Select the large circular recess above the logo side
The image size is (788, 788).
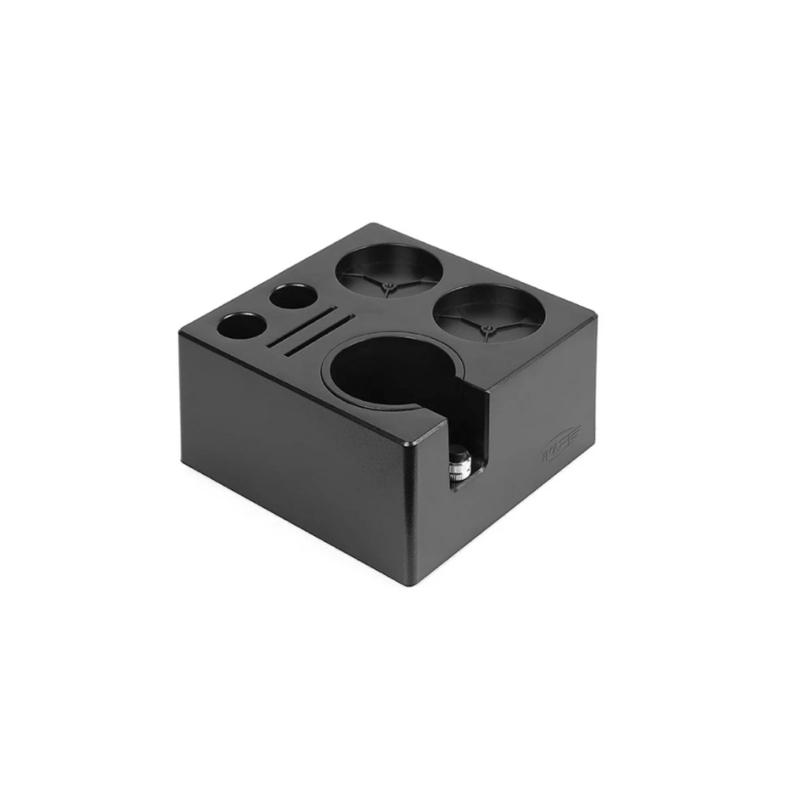(489, 310)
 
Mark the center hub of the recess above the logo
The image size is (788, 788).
(489, 326)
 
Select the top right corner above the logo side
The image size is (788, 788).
(595, 318)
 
